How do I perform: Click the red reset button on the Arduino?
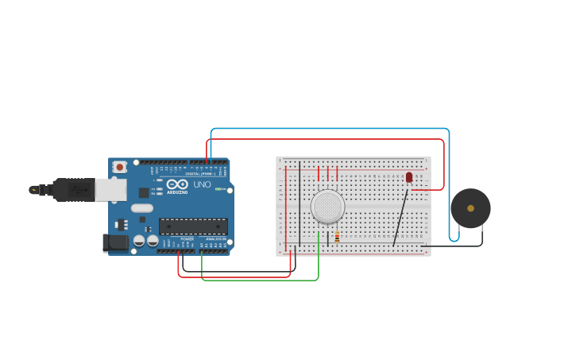(119, 167)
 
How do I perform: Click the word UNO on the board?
(202, 184)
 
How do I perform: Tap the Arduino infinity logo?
(177, 184)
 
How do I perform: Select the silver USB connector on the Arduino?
(110, 189)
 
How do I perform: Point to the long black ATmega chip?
(193, 226)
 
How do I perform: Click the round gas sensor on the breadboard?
(327, 207)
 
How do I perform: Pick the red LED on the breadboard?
(409, 177)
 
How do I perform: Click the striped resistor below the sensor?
(337, 236)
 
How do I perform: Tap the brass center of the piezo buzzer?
(470, 208)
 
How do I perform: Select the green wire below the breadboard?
(262, 280)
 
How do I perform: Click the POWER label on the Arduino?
(187, 238)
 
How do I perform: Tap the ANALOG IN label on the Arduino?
(215, 238)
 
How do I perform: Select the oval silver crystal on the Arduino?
(141, 208)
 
